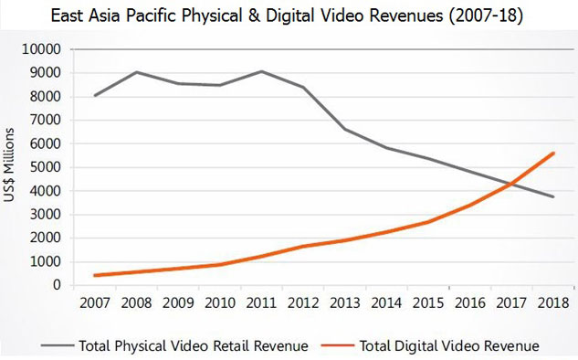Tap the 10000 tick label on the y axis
coord(41,48)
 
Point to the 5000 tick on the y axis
coord(46,167)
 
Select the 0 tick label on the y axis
coord(57,285)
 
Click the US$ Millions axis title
coord(9,164)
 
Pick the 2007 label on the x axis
coord(95,302)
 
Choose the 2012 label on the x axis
coord(303,302)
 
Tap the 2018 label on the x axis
coord(553,302)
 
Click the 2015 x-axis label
coord(428,302)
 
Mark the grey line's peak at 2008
coord(137,72)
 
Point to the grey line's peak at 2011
coord(261,71)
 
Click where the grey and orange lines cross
coord(512,183)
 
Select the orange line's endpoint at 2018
coord(553,154)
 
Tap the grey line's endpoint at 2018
coord(553,196)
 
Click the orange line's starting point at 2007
coord(95,275)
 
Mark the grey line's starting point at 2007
coord(95,96)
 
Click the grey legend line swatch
coord(58,345)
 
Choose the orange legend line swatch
coord(338,345)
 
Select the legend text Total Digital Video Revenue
coord(449,346)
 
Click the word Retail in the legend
coord(232,346)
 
